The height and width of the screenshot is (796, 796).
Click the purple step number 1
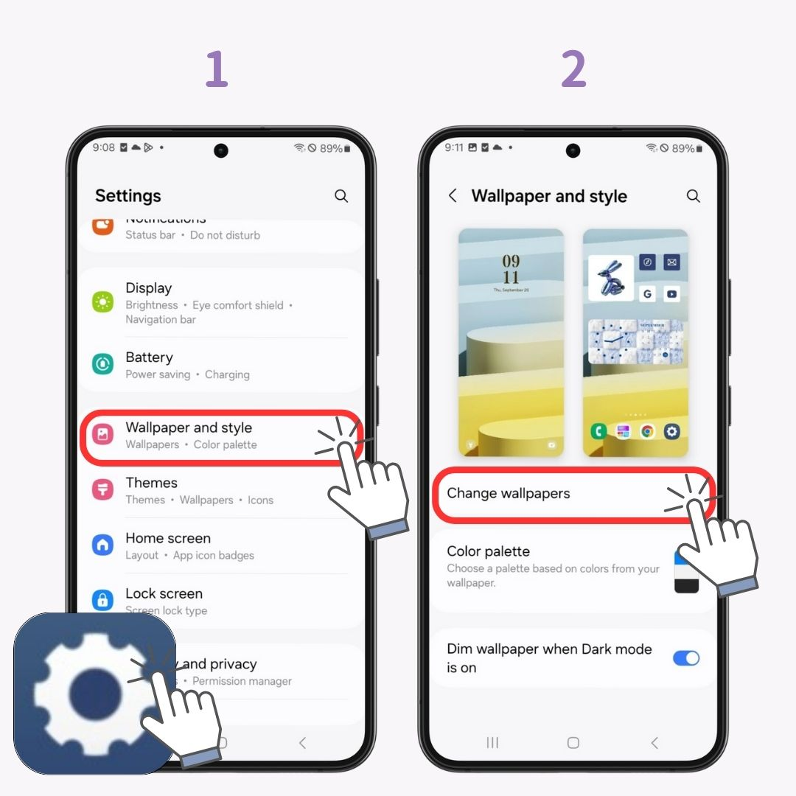point(216,70)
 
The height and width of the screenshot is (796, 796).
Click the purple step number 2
point(573,70)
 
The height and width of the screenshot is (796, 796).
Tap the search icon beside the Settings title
point(341,196)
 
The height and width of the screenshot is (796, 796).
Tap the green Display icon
point(102,301)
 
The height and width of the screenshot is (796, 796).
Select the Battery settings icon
point(102,364)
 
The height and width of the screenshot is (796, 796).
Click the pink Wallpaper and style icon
point(102,435)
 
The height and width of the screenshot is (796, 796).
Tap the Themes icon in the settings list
point(102,490)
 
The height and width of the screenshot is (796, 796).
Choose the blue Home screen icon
point(102,545)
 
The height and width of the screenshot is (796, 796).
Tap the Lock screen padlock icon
point(102,600)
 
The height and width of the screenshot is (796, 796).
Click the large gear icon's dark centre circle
point(95,694)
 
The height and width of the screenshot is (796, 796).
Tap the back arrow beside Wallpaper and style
point(453,196)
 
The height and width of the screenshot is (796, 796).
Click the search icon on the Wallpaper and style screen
point(693,196)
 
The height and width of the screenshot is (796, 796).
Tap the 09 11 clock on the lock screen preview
point(511,269)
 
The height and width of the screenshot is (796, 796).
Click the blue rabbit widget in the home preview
point(611,278)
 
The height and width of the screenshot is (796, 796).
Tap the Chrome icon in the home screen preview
point(647,431)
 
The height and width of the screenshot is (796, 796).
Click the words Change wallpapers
point(509,494)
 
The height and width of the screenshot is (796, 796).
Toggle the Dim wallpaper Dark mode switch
point(686,658)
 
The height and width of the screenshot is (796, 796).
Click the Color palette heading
point(488,551)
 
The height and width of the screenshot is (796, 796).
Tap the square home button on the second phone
point(573,743)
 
